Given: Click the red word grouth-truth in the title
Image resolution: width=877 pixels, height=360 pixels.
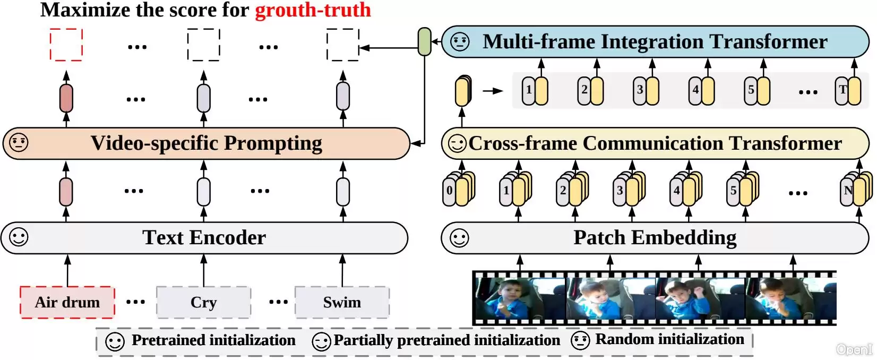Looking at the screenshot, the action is point(313,10).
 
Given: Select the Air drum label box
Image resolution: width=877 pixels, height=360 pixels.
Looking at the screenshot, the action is point(67,302).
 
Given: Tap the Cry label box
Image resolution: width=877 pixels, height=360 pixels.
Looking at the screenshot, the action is point(204,302).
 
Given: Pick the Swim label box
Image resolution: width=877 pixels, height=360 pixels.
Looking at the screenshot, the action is point(342,302).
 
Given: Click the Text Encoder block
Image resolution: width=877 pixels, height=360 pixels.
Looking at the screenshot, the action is point(204,238).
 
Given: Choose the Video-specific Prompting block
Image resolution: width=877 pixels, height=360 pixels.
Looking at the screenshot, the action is point(207,143).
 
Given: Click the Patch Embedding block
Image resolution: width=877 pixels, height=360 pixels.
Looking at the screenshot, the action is point(655,238).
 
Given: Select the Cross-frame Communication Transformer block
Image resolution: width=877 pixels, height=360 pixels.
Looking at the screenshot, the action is point(655,143).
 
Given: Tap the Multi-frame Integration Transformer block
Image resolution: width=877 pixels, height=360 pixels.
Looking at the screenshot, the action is point(655,41).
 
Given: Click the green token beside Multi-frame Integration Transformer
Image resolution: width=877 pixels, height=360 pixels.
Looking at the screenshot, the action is point(425,41).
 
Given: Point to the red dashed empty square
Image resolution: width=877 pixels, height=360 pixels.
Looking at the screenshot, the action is point(66,45).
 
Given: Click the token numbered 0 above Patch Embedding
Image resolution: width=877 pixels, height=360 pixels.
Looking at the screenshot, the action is point(459,190).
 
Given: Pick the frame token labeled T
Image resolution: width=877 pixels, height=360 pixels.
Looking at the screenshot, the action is point(848,91).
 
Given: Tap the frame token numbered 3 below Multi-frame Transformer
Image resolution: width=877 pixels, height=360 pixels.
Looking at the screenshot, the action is point(646,91).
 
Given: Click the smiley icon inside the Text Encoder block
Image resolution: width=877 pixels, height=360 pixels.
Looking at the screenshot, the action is point(19,237).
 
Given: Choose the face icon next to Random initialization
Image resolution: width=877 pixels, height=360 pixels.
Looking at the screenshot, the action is point(580,340).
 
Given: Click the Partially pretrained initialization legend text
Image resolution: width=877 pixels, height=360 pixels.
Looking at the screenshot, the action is point(446,340).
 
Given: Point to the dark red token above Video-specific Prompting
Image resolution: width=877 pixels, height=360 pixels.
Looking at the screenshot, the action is point(66,98).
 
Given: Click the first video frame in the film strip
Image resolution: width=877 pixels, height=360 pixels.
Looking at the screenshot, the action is point(520,298).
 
